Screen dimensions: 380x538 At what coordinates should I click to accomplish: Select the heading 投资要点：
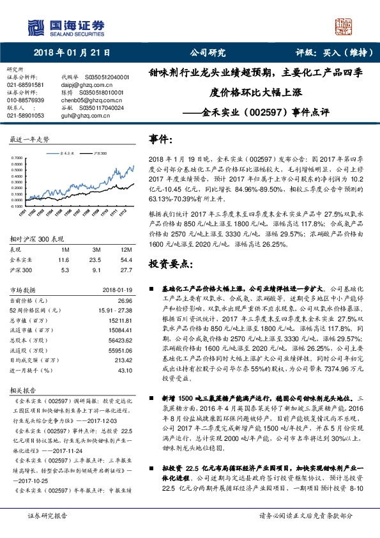point(171,263)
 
